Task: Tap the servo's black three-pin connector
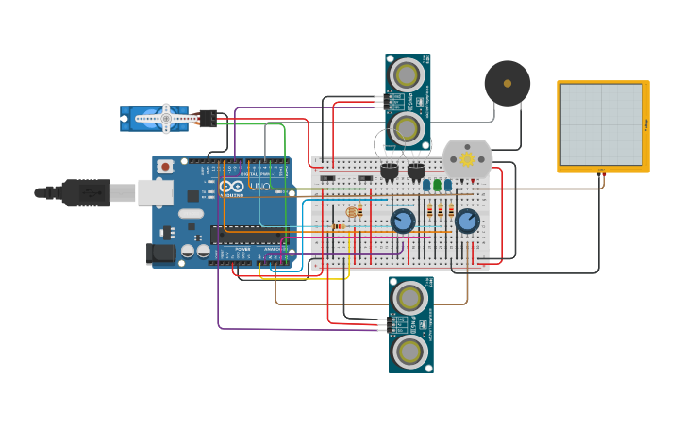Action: point(208,118)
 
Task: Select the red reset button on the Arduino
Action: point(166,167)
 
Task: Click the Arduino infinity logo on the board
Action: point(232,187)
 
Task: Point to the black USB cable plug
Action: point(85,192)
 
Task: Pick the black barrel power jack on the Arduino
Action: point(162,253)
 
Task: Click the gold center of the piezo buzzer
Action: point(508,84)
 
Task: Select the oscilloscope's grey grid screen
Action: point(602,124)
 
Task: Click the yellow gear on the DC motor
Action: point(467,158)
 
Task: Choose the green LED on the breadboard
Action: point(437,185)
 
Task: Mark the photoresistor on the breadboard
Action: point(353,213)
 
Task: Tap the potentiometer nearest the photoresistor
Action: point(403,222)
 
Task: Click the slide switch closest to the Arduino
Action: point(328,178)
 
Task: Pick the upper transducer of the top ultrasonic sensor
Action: point(408,74)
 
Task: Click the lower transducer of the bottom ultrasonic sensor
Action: point(410,352)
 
